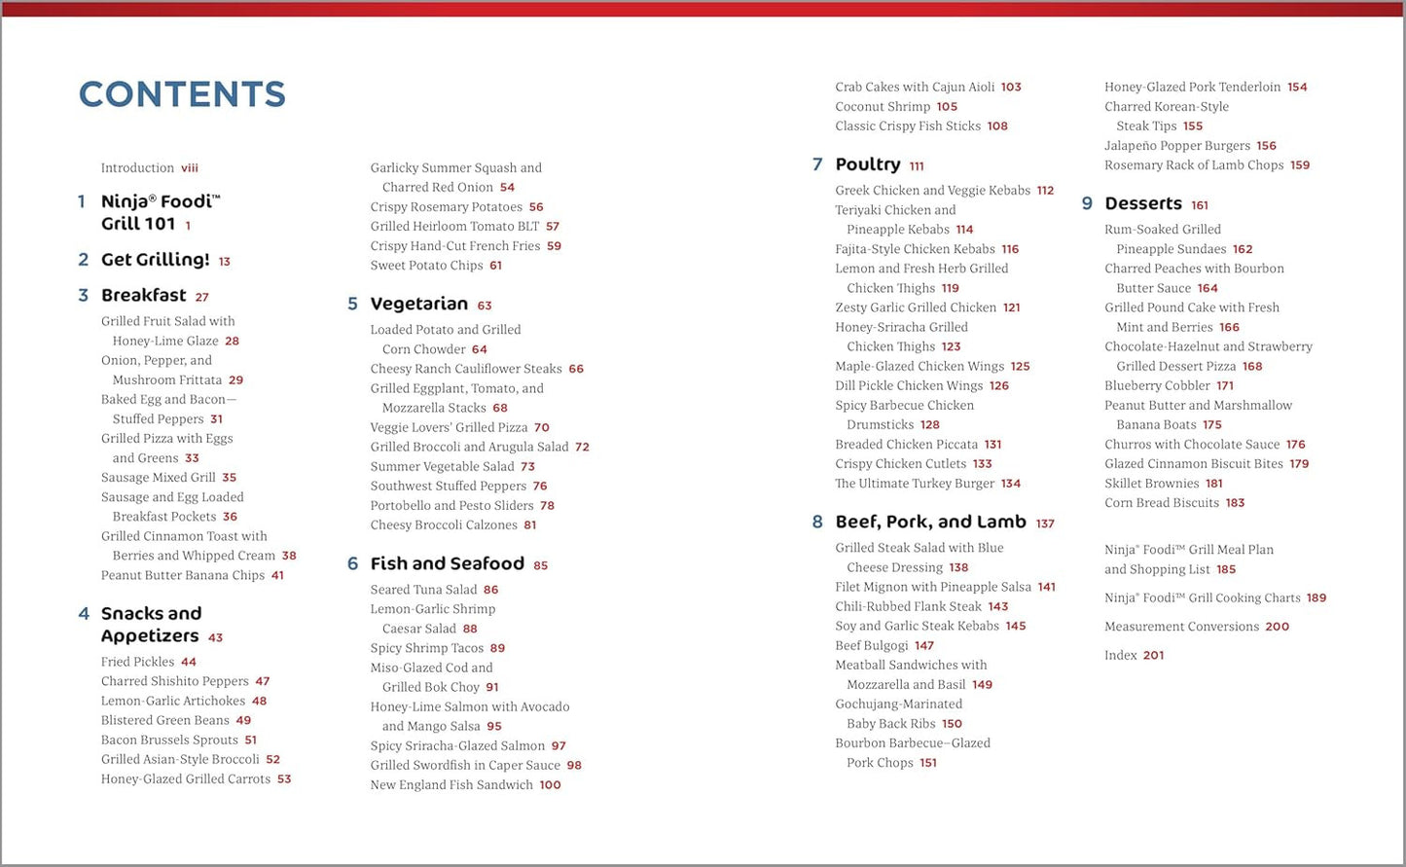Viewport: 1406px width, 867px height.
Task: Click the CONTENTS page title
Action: tap(182, 94)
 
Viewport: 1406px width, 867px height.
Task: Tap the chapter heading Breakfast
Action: tap(144, 296)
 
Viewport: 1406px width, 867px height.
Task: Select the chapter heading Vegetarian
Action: tap(418, 305)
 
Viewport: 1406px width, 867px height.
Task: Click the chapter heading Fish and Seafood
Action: tap(447, 564)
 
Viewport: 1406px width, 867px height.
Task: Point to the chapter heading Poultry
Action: tap(867, 165)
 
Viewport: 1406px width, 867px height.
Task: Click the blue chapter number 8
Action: tap(817, 523)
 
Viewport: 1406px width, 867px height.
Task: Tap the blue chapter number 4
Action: tap(84, 614)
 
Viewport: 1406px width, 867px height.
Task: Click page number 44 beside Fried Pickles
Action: tap(189, 662)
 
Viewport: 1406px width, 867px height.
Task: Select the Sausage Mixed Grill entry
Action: tap(158, 478)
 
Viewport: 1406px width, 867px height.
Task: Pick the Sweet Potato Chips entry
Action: tap(426, 266)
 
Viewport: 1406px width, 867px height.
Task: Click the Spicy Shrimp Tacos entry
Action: tap(426, 648)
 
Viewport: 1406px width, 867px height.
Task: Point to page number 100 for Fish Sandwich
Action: tap(550, 785)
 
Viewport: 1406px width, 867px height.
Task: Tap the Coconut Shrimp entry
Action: tap(883, 107)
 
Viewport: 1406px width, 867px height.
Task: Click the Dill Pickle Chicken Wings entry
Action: tap(909, 386)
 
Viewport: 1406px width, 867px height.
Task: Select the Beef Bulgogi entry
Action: tap(871, 646)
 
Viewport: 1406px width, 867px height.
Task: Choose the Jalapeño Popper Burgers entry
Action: tap(1176, 146)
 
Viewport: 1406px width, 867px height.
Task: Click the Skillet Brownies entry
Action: tap(1151, 484)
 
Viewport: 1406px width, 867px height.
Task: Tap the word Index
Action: tap(1120, 656)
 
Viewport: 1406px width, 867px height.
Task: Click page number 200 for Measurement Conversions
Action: tap(1277, 628)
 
